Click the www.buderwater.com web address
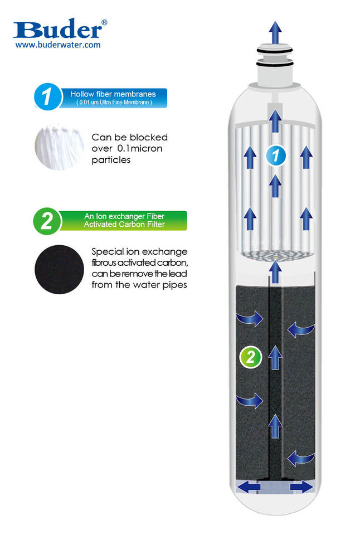[57, 45]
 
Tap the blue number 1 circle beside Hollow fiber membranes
[47, 96]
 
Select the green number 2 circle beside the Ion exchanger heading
[47, 221]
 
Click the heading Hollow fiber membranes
[113, 94]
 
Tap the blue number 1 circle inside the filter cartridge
[274, 154]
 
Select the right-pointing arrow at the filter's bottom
[301, 487]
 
